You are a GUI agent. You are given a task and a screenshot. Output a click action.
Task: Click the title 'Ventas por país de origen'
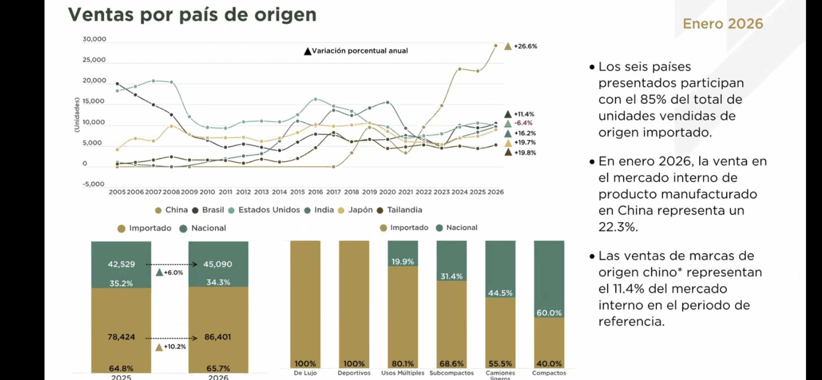pos(192,15)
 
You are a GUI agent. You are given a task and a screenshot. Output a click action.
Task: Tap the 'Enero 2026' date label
pos(723,24)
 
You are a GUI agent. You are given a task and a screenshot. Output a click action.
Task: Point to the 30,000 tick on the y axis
pos(94,39)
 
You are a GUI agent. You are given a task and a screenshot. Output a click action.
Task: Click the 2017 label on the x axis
pos(333,192)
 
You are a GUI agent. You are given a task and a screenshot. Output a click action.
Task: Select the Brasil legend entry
pos(213,210)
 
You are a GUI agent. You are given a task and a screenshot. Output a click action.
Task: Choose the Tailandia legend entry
pos(404,210)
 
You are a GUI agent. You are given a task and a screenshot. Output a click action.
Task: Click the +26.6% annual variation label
pos(525,46)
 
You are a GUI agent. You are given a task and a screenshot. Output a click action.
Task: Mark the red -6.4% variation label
pos(523,123)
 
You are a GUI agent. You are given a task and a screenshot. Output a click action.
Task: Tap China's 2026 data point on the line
pos(496,45)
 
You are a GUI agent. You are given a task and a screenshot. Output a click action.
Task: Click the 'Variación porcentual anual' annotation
pos(360,51)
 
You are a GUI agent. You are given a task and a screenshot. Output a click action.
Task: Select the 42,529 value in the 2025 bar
pos(121,264)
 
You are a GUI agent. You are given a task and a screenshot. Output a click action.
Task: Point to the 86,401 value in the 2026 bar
pos(218,337)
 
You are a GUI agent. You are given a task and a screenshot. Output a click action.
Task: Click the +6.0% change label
pos(173,273)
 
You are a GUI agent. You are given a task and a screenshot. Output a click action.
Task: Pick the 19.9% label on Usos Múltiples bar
pos(403,261)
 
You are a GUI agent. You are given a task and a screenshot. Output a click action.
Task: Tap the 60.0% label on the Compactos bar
pos(549,313)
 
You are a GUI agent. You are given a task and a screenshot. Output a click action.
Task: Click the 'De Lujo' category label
pos(305,373)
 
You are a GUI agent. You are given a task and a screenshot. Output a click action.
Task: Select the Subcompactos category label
pos(451,373)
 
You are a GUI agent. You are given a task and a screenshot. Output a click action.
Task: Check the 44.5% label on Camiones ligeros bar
pos(500,293)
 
